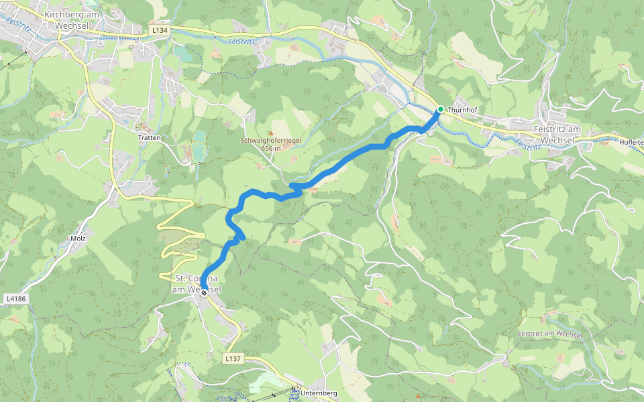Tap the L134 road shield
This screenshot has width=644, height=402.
tap(159, 30)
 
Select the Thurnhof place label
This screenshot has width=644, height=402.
tap(461, 109)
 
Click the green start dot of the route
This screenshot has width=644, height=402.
tap(440, 109)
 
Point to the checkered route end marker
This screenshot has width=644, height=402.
tap(204, 293)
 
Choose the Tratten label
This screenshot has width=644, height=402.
tap(150, 137)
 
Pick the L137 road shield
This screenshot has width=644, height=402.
tap(232, 359)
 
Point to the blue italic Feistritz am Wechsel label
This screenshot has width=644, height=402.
tap(549, 334)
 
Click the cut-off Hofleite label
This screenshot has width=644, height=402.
tap(632, 141)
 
